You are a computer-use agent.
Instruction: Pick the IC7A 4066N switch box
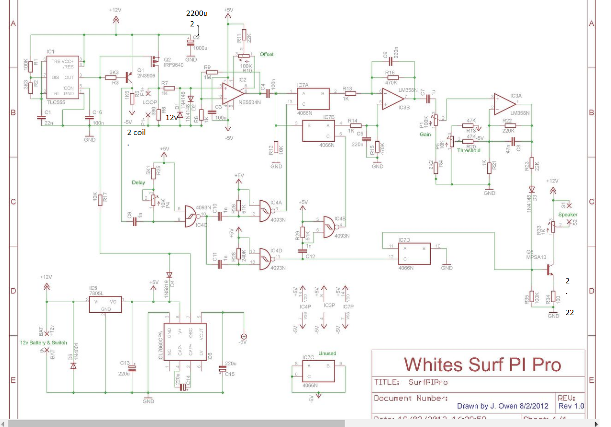[x=313, y=98]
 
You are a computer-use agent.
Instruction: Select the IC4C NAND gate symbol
[x=192, y=215]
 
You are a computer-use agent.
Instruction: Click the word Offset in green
[x=267, y=54]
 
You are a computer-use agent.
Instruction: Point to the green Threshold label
[x=469, y=150]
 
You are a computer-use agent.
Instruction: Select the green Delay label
[x=139, y=183]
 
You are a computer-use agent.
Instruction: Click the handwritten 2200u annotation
[x=197, y=13]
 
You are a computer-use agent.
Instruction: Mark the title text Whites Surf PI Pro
[x=482, y=365]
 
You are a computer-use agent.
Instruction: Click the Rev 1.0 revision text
[x=571, y=406]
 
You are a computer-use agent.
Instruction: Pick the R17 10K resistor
[x=100, y=199]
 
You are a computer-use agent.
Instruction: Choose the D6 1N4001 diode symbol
[x=73, y=366]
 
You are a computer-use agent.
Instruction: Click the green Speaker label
[x=567, y=215]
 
